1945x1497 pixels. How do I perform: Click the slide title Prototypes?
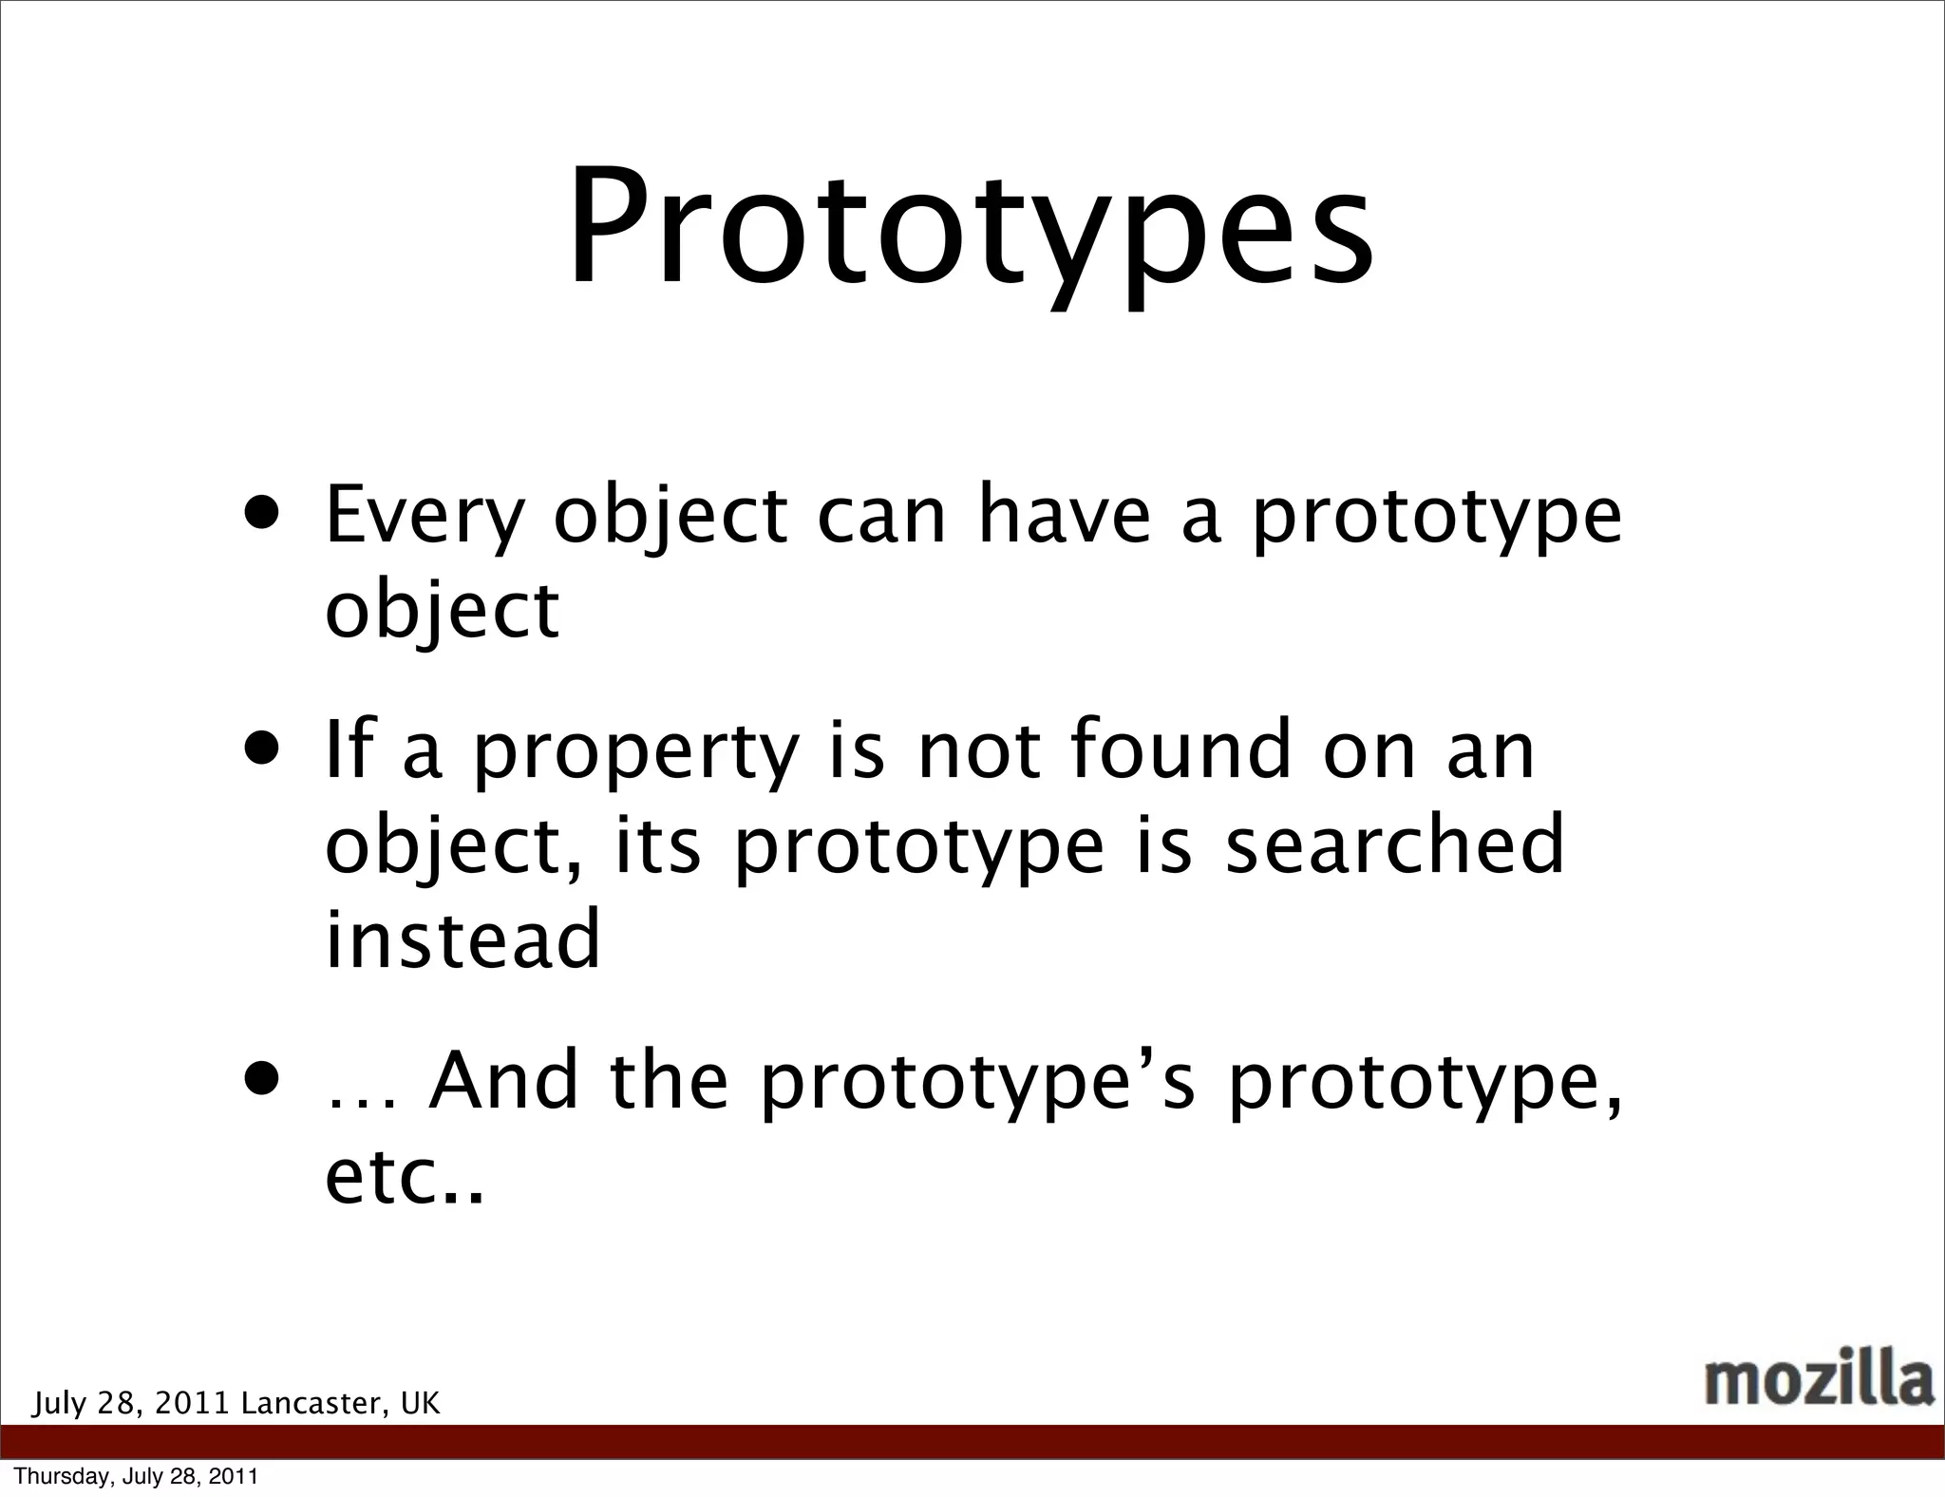tap(971, 228)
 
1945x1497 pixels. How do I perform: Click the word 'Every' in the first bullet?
tap(424, 518)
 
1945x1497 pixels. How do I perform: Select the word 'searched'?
tap(1394, 844)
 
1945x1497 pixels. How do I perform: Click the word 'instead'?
tap(463, 938)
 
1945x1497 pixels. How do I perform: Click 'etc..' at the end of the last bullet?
tap(404, 1178)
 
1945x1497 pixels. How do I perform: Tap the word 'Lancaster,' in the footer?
tap(314, 1403)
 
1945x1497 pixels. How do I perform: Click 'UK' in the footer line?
tap(420, 1403)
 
